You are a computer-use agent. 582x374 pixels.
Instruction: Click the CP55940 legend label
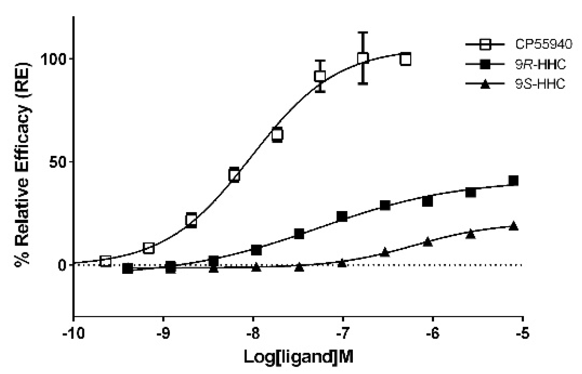(x=543, y=44)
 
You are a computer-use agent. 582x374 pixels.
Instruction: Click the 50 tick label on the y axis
(x=58, y=162)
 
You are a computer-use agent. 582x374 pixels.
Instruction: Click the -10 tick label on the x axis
(x=74, y=333)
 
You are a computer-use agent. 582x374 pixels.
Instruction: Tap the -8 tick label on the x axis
(x=253, y=333)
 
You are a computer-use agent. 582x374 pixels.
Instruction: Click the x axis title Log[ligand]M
(x=298, y=357)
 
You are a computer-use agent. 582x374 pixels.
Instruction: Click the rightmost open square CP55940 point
(x=405, y=59)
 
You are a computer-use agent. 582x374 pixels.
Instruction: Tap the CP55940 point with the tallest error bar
(x=362, y=58)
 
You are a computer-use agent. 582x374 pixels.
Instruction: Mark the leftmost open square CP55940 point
(x=105, y=261)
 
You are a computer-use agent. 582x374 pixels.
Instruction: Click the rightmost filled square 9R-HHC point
(x=514, y=180)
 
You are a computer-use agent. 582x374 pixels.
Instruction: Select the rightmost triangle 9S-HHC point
(x=514, y=226)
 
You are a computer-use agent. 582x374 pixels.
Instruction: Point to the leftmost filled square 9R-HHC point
(x=128, y=268)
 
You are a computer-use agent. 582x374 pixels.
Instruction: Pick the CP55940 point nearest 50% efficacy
(x=234, y=175)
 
